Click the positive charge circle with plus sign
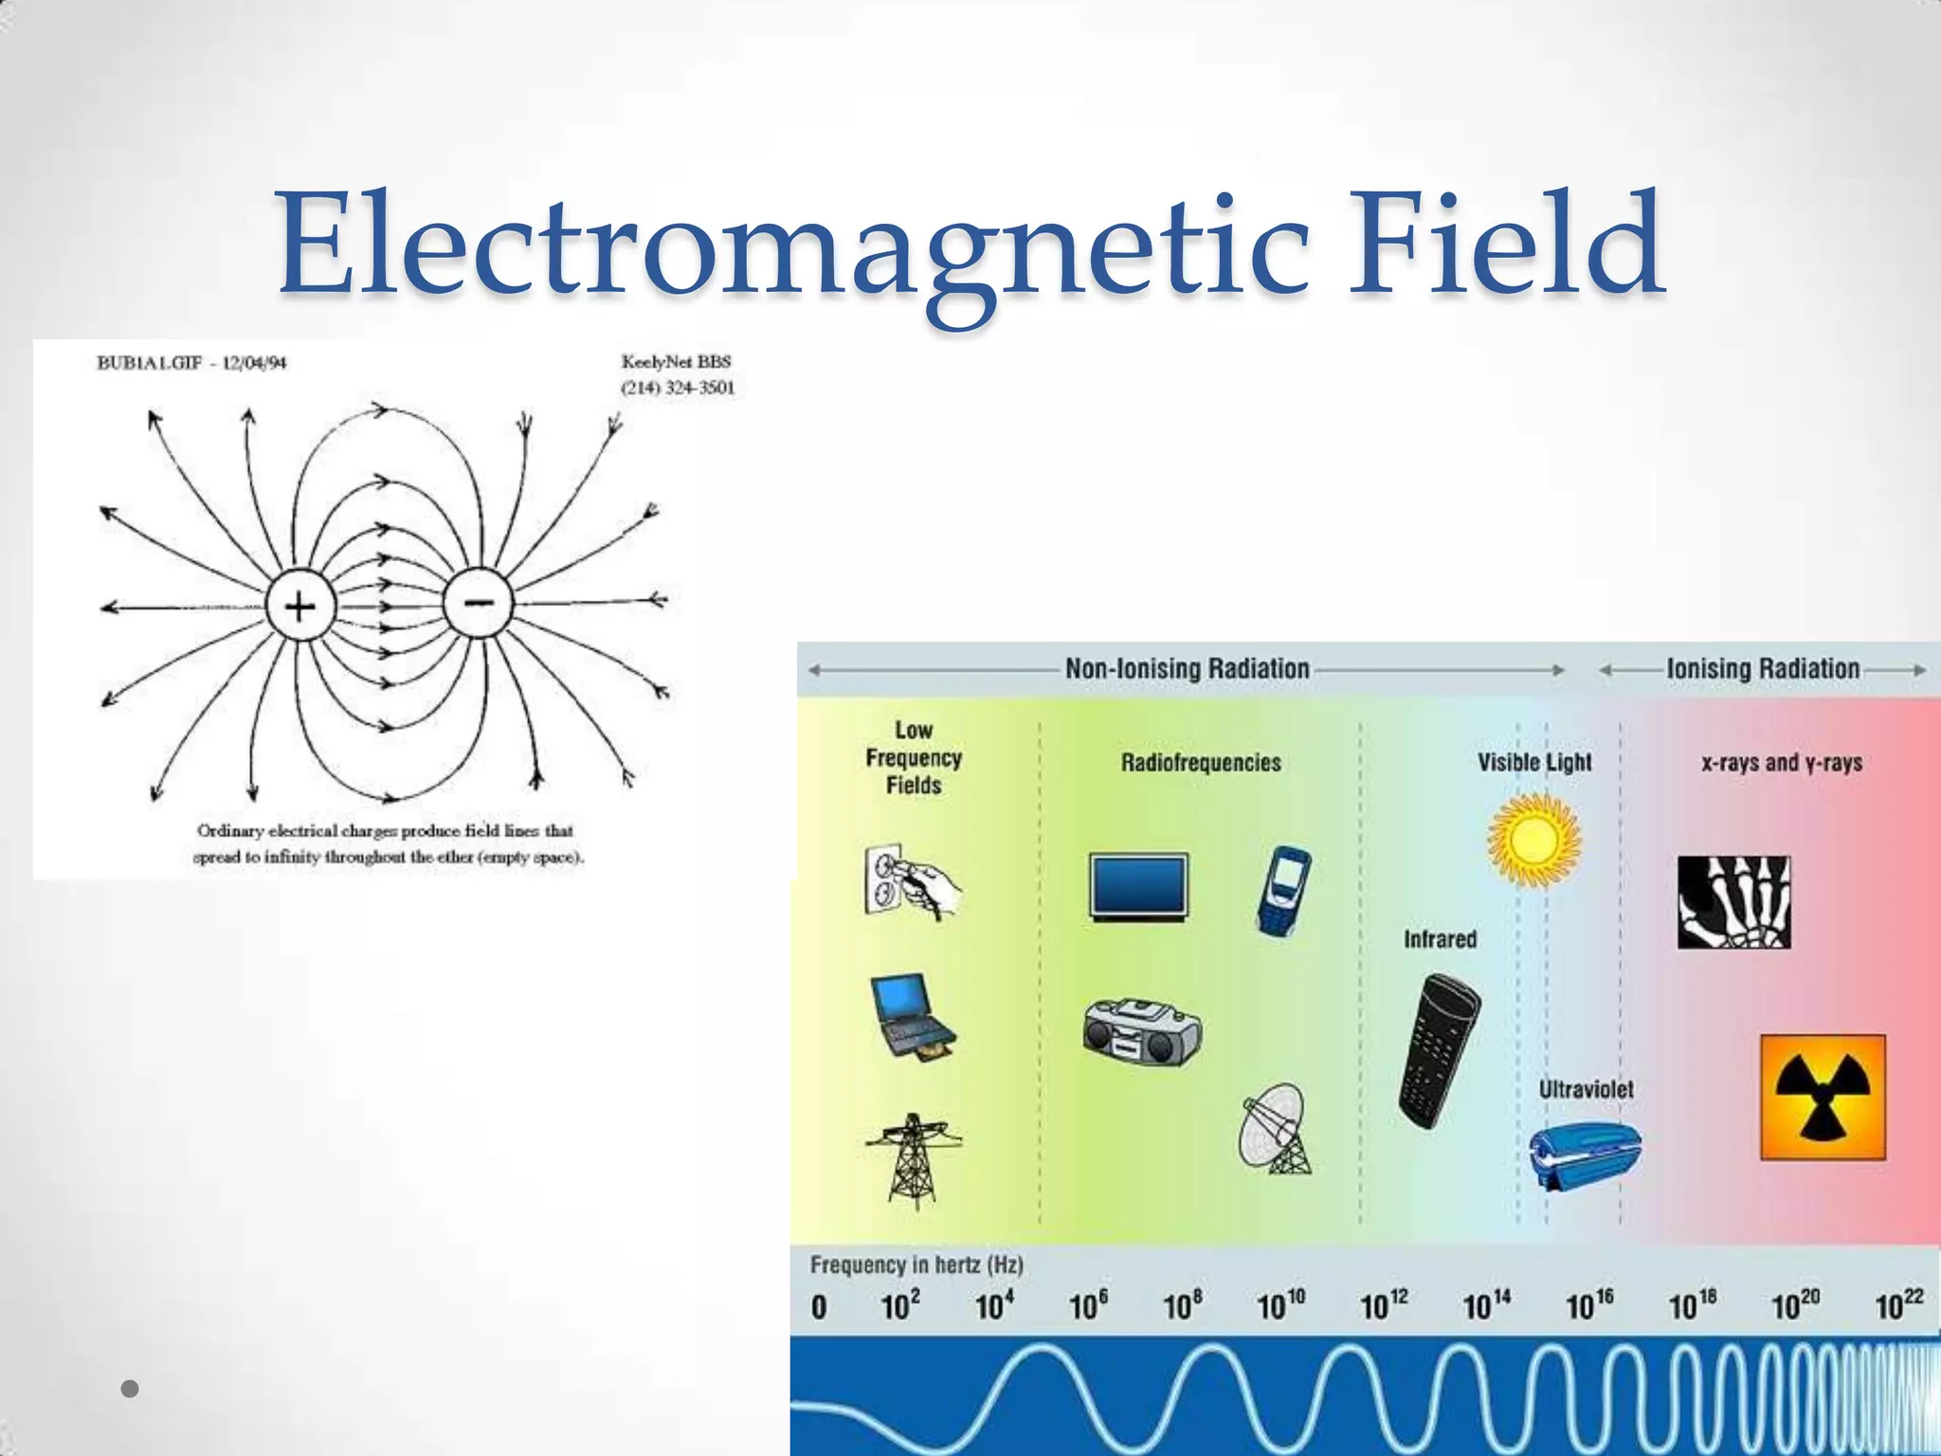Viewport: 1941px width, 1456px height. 299,607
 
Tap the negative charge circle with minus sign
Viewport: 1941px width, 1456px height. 478,603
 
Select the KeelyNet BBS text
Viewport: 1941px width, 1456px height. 676,362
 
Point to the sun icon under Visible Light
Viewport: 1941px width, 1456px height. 1533,840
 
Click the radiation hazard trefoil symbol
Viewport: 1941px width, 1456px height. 1823,1098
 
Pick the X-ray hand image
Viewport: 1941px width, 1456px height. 1734,902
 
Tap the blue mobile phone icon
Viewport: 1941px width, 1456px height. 1284,891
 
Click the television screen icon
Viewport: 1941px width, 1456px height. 1138,887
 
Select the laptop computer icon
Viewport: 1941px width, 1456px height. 912,1016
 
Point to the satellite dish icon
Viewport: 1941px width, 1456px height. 1276,1130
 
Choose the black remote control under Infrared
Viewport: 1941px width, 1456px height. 1439,1050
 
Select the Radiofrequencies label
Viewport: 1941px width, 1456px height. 1201,763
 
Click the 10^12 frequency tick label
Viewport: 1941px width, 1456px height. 1384,1306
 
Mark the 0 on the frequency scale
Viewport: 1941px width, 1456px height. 819,1308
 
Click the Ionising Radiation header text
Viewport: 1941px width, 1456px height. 1763,669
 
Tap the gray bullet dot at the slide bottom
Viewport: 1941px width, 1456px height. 131,1390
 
